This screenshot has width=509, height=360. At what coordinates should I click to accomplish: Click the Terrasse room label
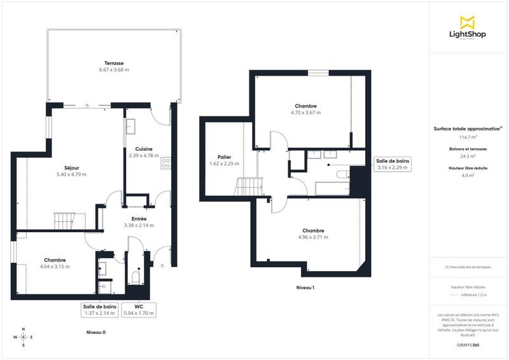(115, 64)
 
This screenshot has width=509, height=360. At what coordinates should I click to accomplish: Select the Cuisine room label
(143, 149)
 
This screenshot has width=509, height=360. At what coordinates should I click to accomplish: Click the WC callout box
(139, 309)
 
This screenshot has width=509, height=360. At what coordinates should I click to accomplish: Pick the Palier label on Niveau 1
(223, 156)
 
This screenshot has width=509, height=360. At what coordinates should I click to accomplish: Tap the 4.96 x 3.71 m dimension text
(313, 237)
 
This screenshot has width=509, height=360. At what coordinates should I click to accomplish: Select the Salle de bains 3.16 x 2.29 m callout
(392, 164)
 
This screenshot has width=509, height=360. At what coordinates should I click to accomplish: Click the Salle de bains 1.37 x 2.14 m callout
(100, 309)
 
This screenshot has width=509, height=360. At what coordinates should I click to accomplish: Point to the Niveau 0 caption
(96, 333)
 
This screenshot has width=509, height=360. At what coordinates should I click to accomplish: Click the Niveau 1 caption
(305, 288)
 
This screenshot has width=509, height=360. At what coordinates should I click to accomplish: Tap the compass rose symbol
(23, 337)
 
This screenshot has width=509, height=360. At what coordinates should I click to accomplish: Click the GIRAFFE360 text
(468, 345)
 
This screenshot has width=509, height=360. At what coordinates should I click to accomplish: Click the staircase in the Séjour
(64, 221)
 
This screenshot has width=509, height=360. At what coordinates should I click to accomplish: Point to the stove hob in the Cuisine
(166, 163)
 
